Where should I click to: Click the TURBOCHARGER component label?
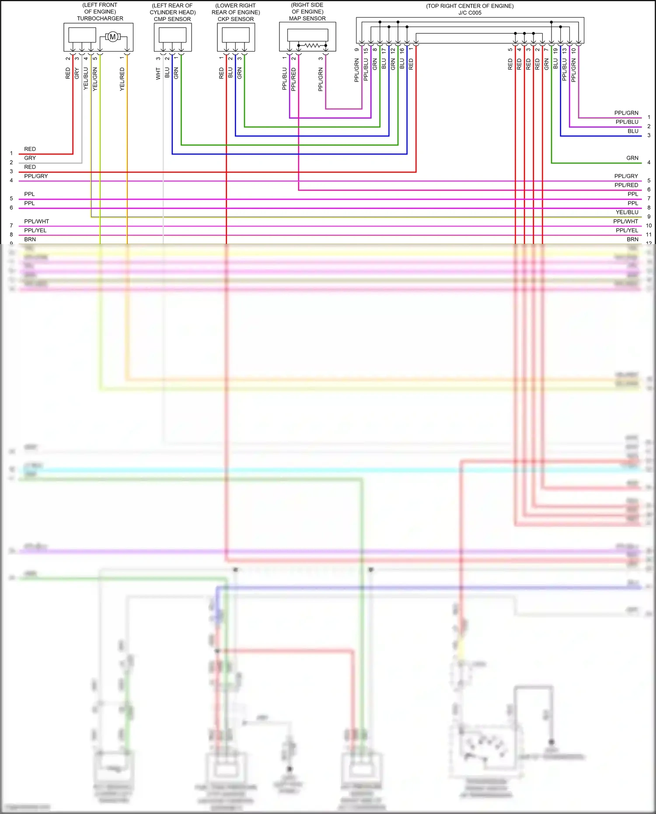click(x=100, y=18)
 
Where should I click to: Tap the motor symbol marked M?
click(x=113, y=37)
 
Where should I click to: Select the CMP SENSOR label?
click(x=172, y=19)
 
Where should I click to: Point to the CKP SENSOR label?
click(x=236, y=19)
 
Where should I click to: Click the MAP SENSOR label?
click(x=307, y=18)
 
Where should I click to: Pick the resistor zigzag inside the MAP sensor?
click(x=312, y=45)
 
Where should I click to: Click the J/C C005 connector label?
click(x=470, y=13)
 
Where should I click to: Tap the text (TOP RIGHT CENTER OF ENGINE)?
click(x=470, y=6)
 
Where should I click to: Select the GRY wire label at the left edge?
click(x=30, y=158)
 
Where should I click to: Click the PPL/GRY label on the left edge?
click(x=36, y=176)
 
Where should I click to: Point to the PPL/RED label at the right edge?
click(x=626, y=185)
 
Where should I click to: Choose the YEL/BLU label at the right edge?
click(x=627, y=212)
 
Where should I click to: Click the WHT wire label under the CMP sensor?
click(x=158, y=73)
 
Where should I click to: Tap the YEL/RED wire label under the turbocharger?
click(x=122, y=79)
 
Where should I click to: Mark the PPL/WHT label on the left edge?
click(x=37, y=221)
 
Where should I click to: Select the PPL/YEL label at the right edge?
click(x=627, y=230)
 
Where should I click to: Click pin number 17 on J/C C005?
click(x=384, y=51)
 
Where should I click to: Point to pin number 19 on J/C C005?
click(x=555, y=51)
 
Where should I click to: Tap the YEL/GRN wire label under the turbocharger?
click(x=95, y=79)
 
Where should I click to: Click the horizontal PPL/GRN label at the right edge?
click(x=626, y=113)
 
